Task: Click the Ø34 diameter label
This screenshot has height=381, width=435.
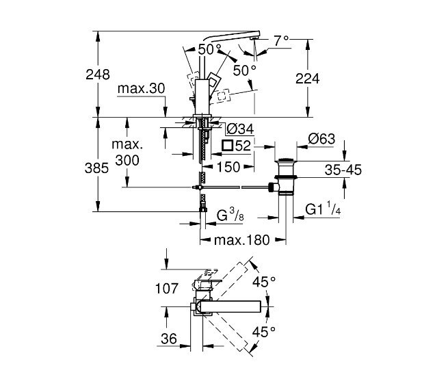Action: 239,130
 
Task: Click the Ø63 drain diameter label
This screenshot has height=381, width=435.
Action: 321,138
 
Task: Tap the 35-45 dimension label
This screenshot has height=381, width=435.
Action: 343,170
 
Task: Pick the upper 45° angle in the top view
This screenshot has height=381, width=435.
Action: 264,281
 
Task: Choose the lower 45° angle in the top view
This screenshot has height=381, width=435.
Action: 264,332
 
